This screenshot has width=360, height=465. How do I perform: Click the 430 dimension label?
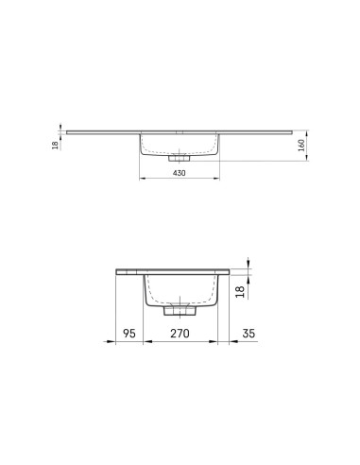(x=180, y=173)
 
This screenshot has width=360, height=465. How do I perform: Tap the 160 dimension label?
(x=301, y=146)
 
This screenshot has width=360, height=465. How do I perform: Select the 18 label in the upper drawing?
(x=55, y=146)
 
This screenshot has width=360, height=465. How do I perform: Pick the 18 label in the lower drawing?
(x=240, y=291)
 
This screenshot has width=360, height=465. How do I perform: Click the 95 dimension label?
(x=129, y=333)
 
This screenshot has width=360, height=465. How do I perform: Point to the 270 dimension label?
(x=180, y=333)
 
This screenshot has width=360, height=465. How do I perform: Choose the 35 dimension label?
(x=249, y=333)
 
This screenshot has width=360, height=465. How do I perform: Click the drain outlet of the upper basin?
(x=179, y=158)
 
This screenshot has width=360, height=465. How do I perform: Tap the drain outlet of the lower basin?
(x=180, y=310)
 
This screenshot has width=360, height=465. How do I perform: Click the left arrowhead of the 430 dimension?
(x=143, y=179)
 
